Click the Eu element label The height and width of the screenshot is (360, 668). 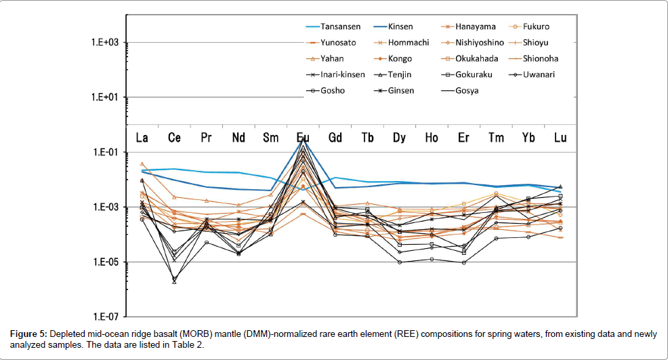tap(303, 138)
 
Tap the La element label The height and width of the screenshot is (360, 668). tap(142, 138)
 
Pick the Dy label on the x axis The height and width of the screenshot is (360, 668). tap(399, 138)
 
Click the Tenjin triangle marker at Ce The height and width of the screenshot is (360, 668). tap(174, 281)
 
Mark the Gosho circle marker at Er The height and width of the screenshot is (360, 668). tap(463, 262)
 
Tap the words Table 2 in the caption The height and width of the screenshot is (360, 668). tap(185, 345)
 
